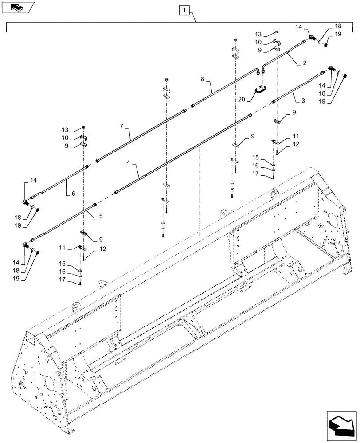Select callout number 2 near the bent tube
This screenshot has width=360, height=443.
click(305, 63)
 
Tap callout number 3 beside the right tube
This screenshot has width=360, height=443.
click(303, 101)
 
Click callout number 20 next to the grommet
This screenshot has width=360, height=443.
click(241, 101)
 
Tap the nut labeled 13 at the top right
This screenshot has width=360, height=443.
click(276, 32)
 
